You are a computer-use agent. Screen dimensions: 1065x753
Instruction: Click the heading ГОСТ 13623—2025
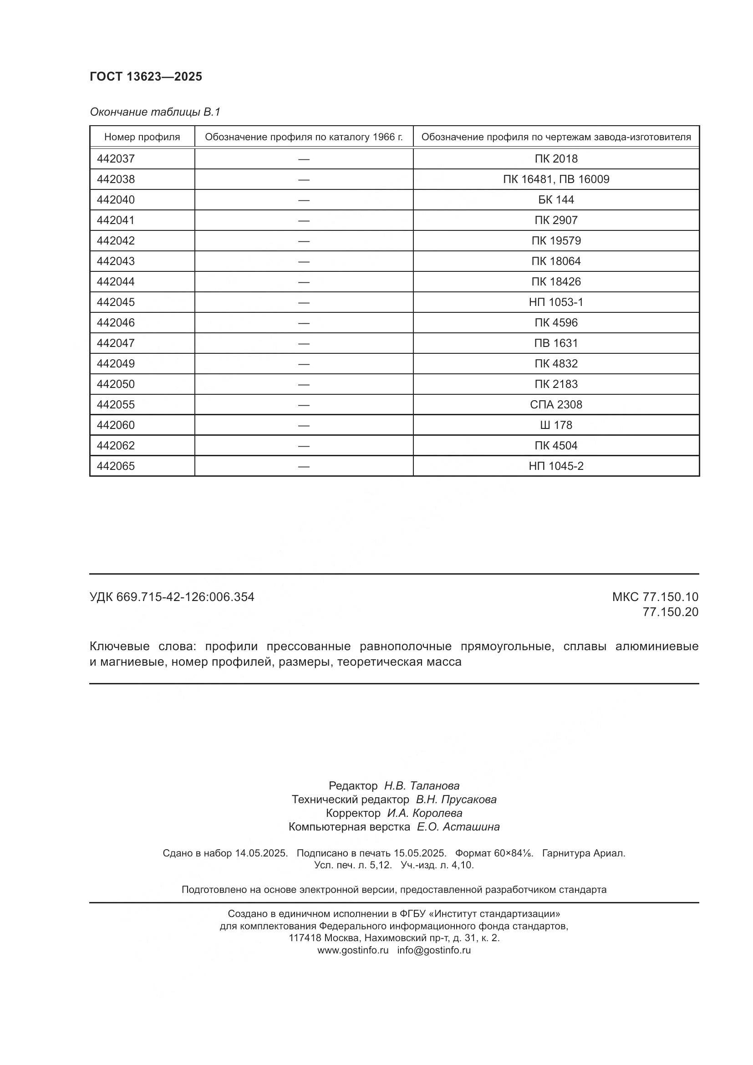point(146,76)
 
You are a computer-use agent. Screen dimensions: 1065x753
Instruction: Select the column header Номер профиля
point(142,137)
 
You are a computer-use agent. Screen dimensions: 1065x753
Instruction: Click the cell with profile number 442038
point(116,179)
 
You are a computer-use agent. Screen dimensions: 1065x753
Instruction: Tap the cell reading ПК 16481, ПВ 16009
point(556,179)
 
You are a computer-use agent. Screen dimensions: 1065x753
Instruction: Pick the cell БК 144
point(556,199)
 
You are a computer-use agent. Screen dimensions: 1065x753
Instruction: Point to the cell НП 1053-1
point(556,302)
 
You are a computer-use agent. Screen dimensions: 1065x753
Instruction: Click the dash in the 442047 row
point(304,343)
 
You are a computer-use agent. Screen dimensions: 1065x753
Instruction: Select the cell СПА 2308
point(556,404)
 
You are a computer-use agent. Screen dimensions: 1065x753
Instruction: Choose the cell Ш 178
point(556,425)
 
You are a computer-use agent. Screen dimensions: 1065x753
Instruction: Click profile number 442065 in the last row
point(116,466)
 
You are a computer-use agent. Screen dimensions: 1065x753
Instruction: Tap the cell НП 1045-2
point(556,466)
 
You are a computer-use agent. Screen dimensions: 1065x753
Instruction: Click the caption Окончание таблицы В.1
point(155,112)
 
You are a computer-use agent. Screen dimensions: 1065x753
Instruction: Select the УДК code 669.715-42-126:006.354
point(185,597)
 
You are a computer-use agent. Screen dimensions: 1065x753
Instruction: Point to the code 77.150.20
point(670,612)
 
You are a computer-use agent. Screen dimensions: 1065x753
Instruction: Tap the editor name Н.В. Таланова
point(422,786)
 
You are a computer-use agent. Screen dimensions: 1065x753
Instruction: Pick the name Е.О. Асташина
point(458,826)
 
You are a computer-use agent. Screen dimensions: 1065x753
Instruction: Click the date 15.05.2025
point(420,853)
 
